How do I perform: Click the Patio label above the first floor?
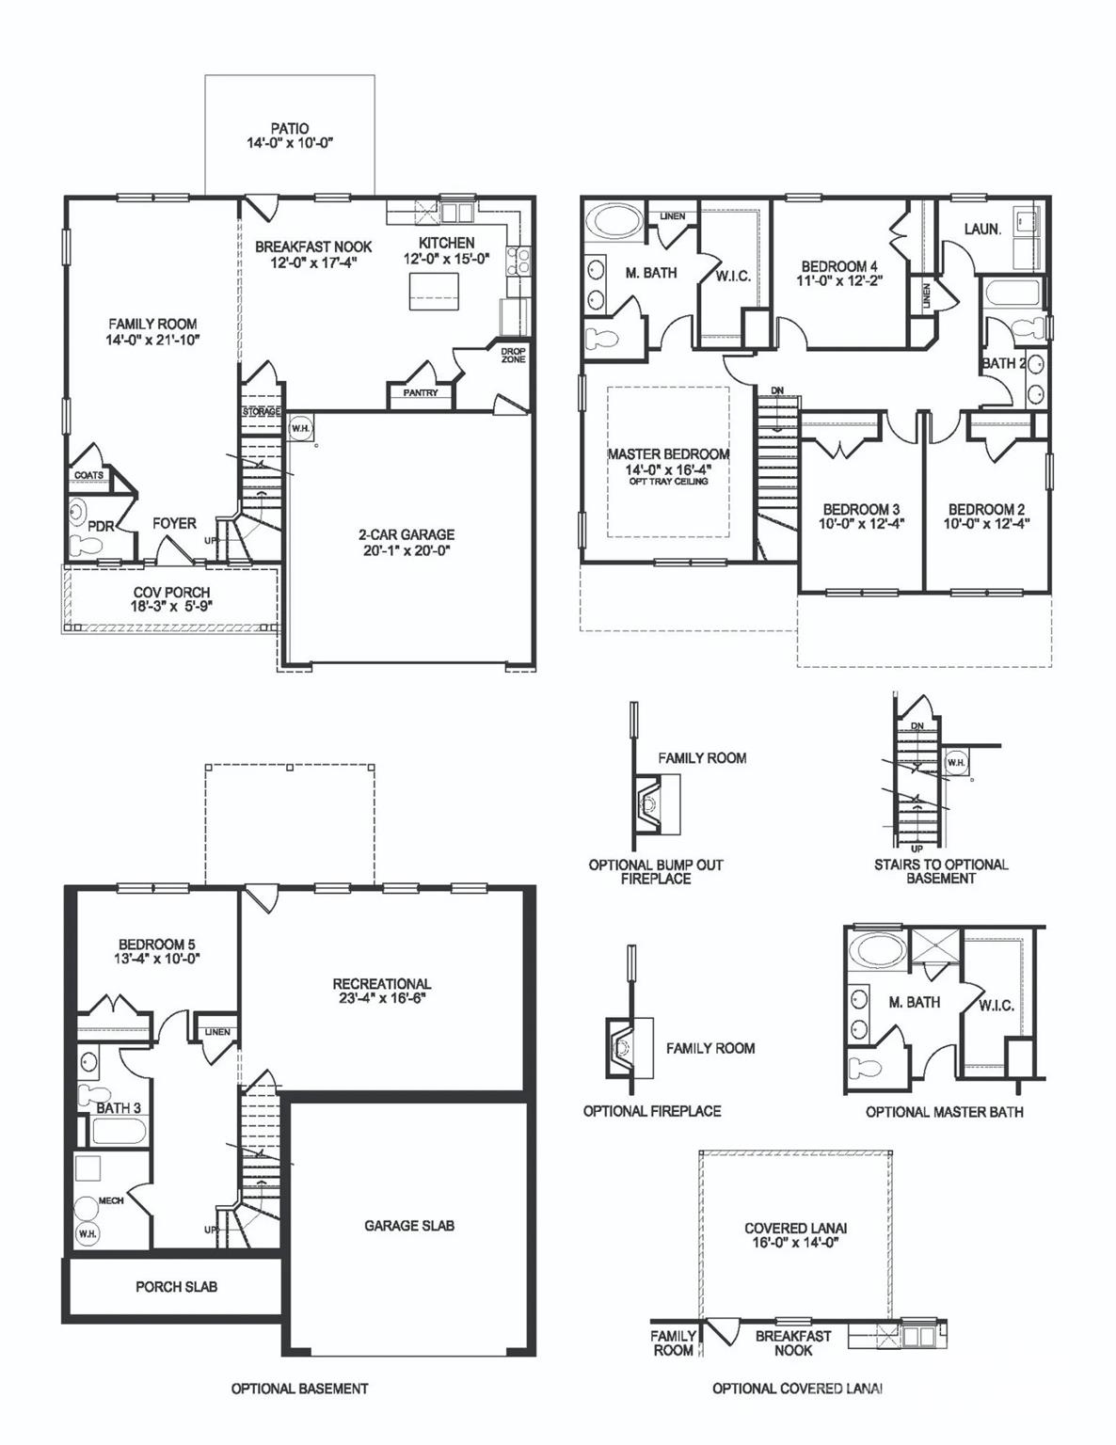point(289,128)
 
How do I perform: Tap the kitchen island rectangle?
point(433,289)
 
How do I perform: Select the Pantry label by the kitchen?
point(421,393)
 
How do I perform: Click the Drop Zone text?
point(513,355)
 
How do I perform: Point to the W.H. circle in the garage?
point(301,428)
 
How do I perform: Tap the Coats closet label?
point(89,476)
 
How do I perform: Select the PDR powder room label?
point(100,527)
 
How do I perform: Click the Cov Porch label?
point(171,593)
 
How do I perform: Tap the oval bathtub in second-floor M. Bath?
point(613,225)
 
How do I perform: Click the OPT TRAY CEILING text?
point(668,482)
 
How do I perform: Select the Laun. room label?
point(982,229)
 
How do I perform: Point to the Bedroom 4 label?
point(839,266)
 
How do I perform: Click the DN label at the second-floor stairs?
point(777,390)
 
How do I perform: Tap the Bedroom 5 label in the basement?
point(157,945)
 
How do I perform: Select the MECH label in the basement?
point(111,1201)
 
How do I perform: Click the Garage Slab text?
point(409,1226)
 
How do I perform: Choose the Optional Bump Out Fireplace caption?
point(656,871)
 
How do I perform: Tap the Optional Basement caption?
point(299,1389)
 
